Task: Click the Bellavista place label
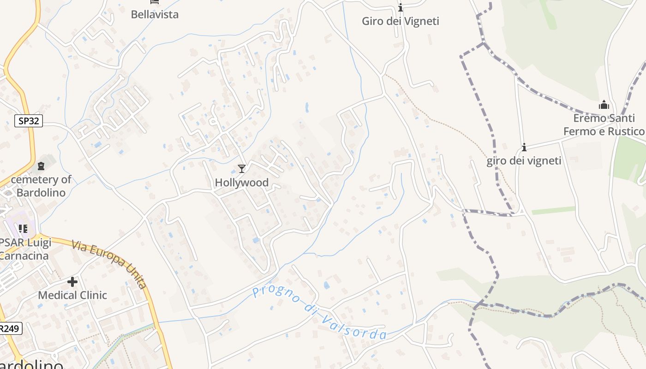click(155, 14)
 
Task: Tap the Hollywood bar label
click(241, 183)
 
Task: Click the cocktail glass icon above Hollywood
click(241, 169)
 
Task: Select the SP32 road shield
click(29, 121)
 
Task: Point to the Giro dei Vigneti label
click(400, 21)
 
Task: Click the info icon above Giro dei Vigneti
click(401, 7)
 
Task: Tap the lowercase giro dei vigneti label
click(524, 161)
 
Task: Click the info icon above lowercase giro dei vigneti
click(524, 147)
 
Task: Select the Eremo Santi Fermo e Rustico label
click(604, 125)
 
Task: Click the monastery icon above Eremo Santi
click(604, 105)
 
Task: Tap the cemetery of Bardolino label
click(41, 186)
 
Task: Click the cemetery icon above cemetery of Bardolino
click(41, 166)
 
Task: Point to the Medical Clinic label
click(72, 295)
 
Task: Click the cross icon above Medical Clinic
click(72, 281)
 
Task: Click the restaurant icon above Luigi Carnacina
click(23, 228)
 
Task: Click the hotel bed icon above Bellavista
click(155, 2)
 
